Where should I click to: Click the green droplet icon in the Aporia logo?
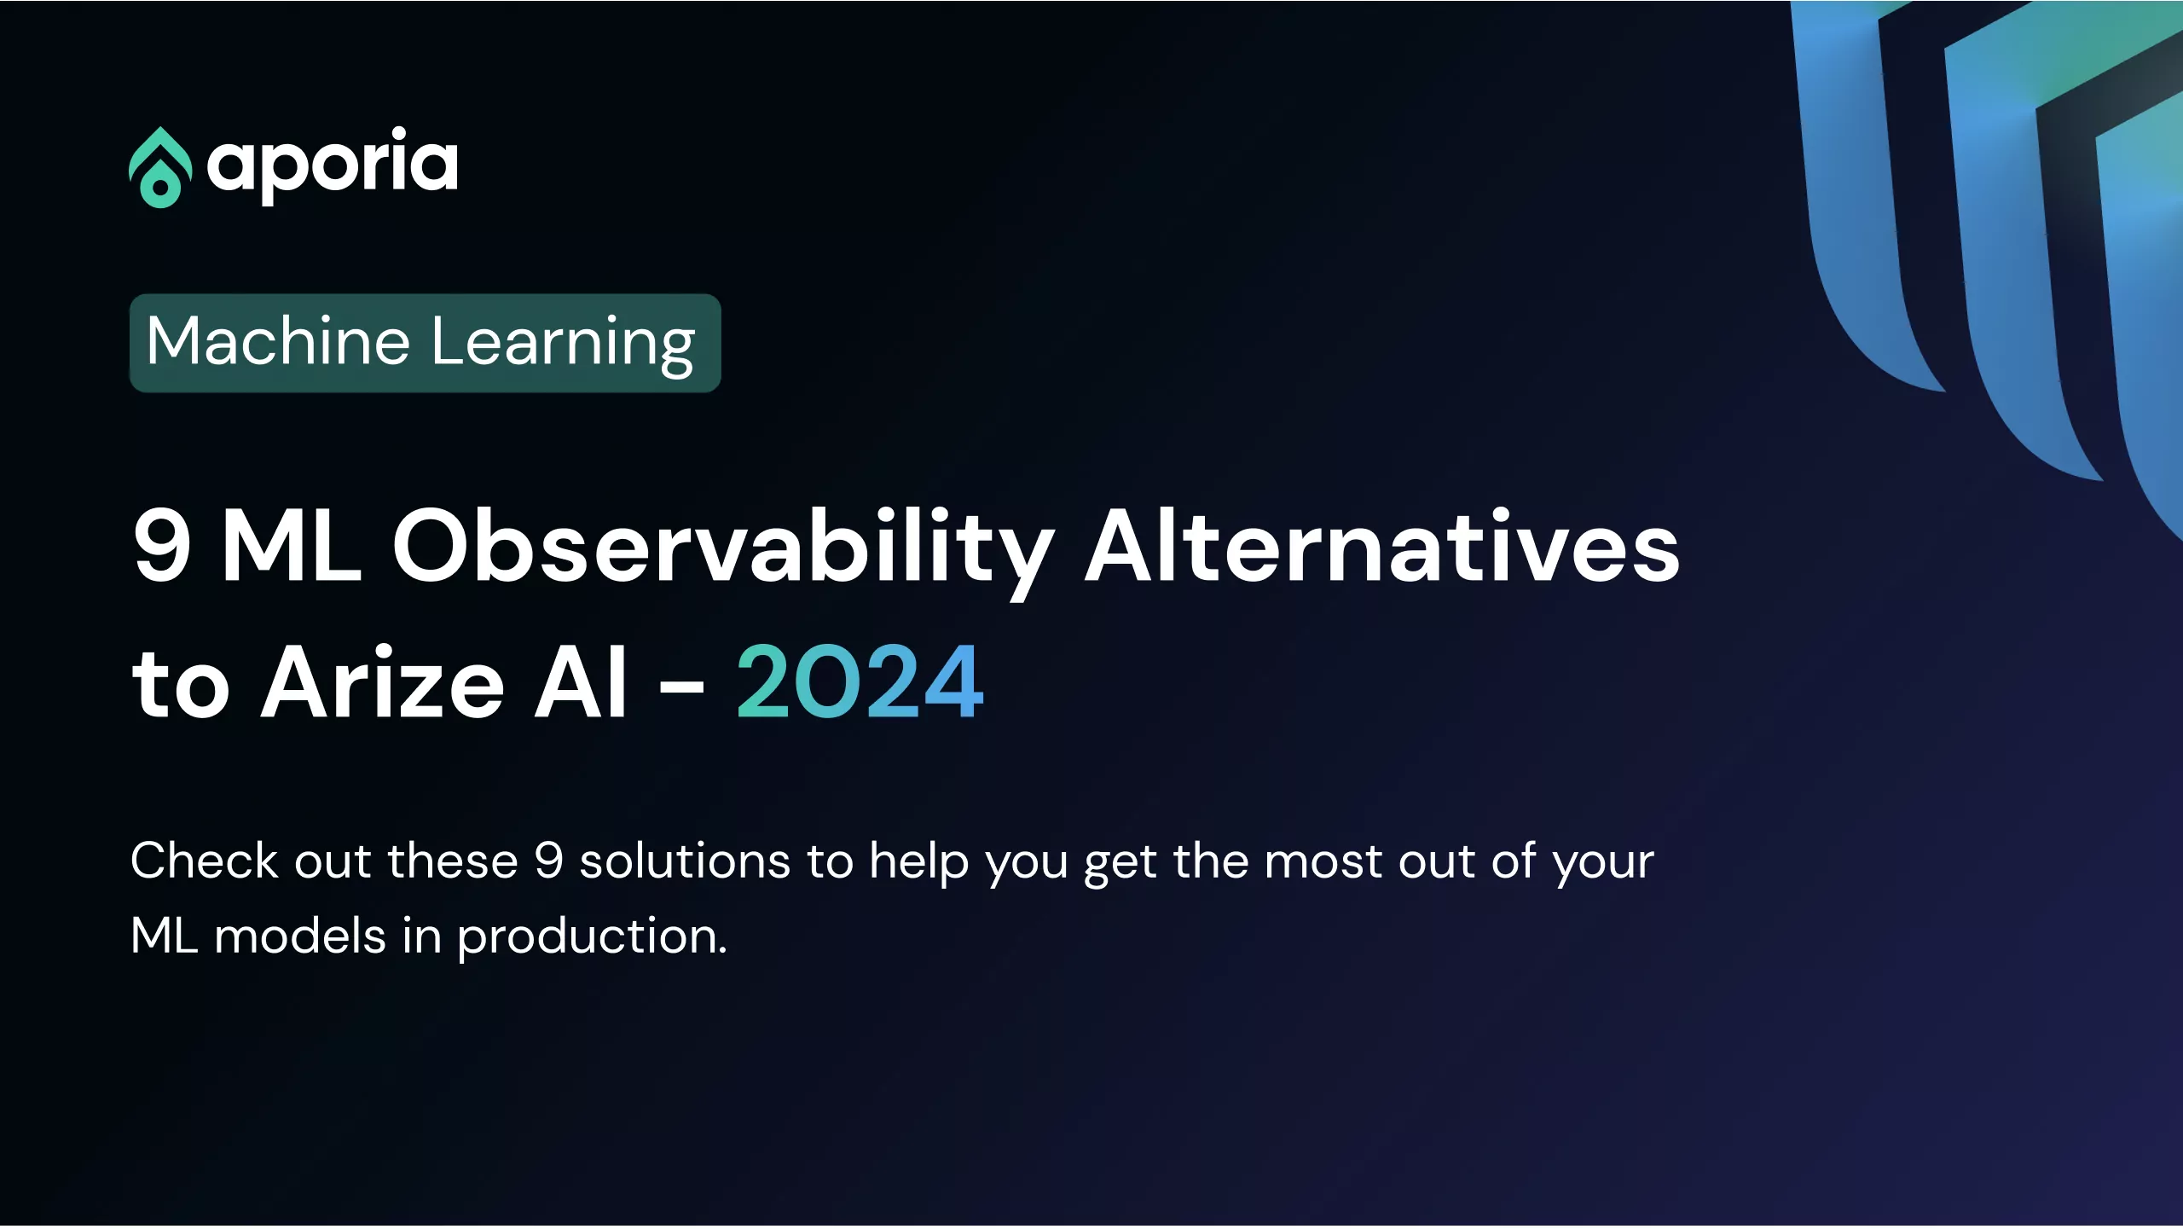click(160, 167)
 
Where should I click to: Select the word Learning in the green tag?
click(564, 343)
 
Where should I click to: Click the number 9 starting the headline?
click(162, 546)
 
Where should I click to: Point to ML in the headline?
click(292, 546)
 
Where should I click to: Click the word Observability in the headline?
click(724, 552)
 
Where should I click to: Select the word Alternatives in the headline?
click(1382, 546)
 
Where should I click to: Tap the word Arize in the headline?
click(383, 682)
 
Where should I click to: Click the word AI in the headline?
click(582, 682)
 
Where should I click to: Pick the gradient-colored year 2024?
click(860, 682)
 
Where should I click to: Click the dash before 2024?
click(682, 686)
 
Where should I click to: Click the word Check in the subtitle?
click(205, 860)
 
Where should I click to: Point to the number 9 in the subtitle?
click(549, 861)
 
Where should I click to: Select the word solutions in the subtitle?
click(685, 860)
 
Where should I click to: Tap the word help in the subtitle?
click(919, 864)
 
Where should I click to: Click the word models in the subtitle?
click(300, 936)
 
